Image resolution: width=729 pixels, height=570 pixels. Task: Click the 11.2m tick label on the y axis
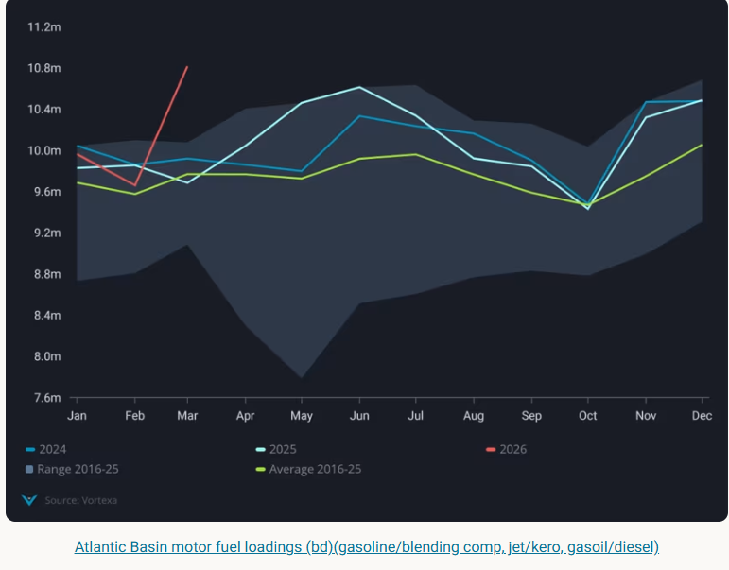coord(44,26)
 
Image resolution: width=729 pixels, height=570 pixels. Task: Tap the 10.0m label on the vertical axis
coord(44,150)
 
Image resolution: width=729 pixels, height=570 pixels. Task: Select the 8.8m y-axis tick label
coord(44,274)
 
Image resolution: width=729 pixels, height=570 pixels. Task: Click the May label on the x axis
coord(302,416)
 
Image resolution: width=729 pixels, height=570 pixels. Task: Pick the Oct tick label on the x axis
coord(588,416)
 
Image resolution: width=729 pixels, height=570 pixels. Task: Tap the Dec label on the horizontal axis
coord(702,416)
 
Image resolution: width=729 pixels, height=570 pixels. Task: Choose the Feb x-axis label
coord(135,416)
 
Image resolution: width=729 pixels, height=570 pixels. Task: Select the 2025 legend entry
coord(284,449)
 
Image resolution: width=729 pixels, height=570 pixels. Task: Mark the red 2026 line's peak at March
coord(187,67)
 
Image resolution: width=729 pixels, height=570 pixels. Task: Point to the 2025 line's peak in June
coord(359,87)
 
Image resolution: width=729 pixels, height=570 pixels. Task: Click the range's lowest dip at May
coord(303,377)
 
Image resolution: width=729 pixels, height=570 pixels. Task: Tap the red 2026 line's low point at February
coord(135,185)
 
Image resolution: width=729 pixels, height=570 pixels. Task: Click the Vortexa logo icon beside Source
coord(29,499)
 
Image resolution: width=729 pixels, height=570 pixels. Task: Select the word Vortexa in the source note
coord(99,500)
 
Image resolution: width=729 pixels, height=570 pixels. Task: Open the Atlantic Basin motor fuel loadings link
coord(367,546)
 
